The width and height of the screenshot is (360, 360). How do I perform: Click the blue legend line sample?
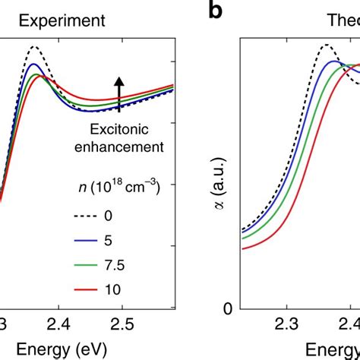[x=89, y=242]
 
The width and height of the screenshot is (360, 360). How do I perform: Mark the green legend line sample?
[x=89, y=266]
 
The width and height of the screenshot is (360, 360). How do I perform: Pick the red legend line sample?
[x=89, y=290]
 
